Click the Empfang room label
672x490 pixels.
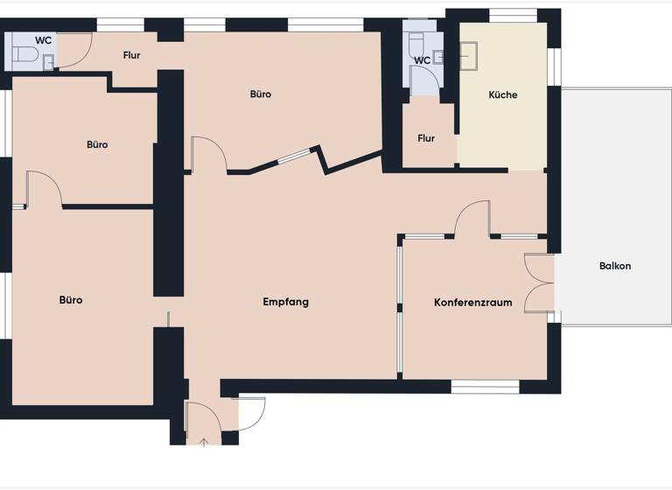pyautogui.click(x=286, y=302)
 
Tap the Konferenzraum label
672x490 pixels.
pyautogui.click(x=472, y=303)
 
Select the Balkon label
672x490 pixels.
pyautogui.click(x=615, y=266)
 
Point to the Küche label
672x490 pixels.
pyautogui.click(x=503, y=95)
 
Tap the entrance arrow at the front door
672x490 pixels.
pyautogui.click(x=204, y=441)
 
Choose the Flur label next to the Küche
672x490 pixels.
pyautogui.click(x=426, y=138)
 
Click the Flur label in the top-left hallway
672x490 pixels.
pyautogui.click(x=132, y=56)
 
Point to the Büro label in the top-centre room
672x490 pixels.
pyautogui.click(x=260, y=94)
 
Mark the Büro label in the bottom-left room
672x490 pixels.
pyautogui.click(x=71, y=300)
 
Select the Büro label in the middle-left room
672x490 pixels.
pyautogui.click(x=97, y=144)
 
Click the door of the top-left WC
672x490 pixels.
pyautogui.click(x=74, y=50)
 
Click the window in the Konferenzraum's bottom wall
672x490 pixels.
pyautogui.click(x=485, y=386)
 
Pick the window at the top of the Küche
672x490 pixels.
pyautogui.click(x=513, y=15)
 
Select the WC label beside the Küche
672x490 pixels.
pyautogui.click(x=423, y=60)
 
